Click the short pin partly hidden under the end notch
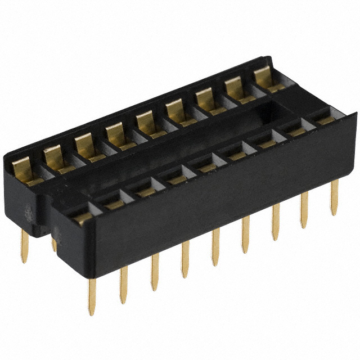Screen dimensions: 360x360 click(x=54, y=243)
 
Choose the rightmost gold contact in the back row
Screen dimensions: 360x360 click(x=264, y=79)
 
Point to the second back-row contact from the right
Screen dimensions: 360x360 click(x=235, y=89)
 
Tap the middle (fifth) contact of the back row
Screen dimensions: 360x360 click(x=146, y=124)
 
